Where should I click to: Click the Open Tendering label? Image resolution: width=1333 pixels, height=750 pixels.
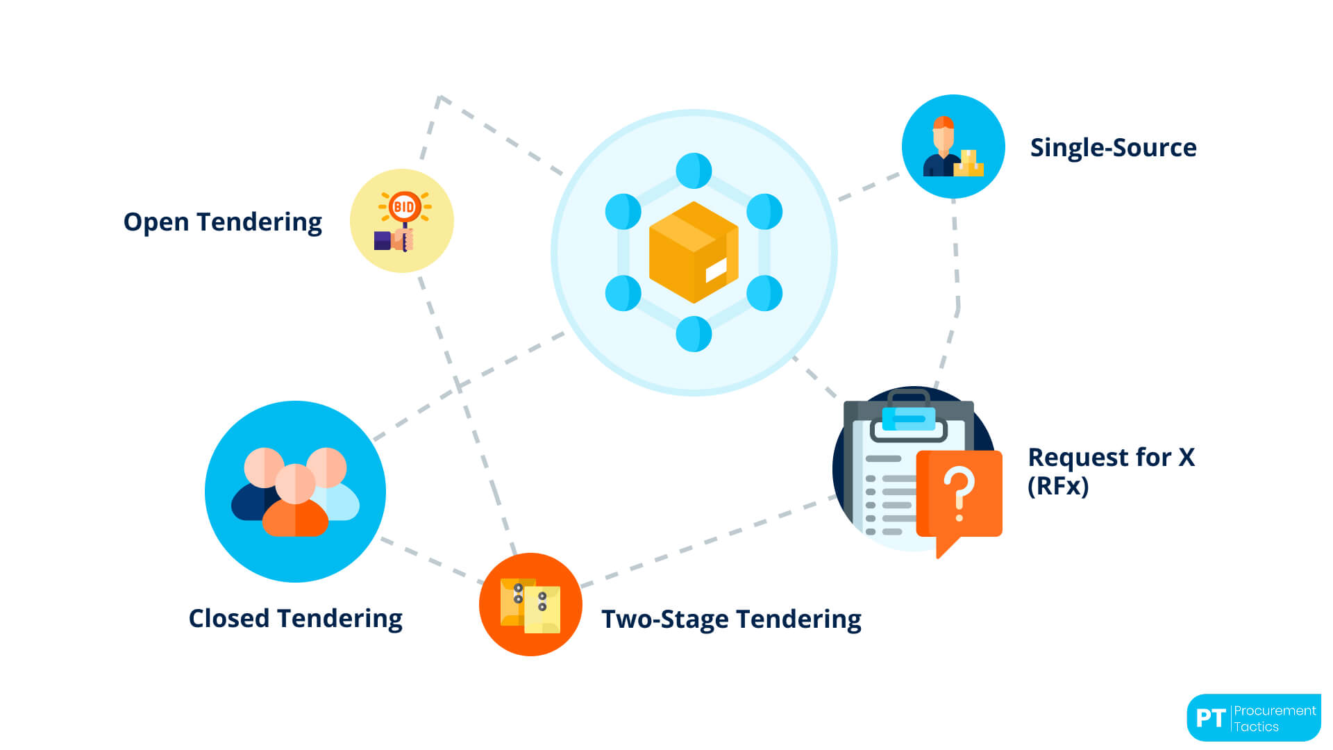pos(222,222)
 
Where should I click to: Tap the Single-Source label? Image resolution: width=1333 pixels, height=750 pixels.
pos(1113,148)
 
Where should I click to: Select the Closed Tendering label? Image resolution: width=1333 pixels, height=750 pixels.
pos(295,618)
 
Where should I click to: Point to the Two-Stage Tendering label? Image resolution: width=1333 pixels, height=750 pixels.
pos(731,619)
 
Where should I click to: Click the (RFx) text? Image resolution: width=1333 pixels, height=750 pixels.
pos(1057,486)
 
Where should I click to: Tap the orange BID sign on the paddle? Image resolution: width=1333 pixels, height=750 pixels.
pos(404,206)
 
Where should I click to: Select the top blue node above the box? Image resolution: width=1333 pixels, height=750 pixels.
pos(694,171)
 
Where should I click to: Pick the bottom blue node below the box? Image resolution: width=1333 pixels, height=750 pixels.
pos(694,334)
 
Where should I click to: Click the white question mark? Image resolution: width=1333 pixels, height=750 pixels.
pos(959,492)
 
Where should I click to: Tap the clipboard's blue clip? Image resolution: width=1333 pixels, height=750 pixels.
pos(908,419)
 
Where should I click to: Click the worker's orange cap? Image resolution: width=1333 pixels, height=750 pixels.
pos(943,123)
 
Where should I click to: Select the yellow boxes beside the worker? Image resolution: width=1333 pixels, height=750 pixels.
pos(969,164)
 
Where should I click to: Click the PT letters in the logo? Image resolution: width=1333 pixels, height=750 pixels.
pos(1210,718)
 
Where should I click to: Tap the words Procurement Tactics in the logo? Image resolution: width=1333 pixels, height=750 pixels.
pos(1274,718)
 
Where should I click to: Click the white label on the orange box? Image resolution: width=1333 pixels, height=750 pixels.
pos(716,269)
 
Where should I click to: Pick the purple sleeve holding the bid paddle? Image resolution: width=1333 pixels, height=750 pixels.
pos(383,240)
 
